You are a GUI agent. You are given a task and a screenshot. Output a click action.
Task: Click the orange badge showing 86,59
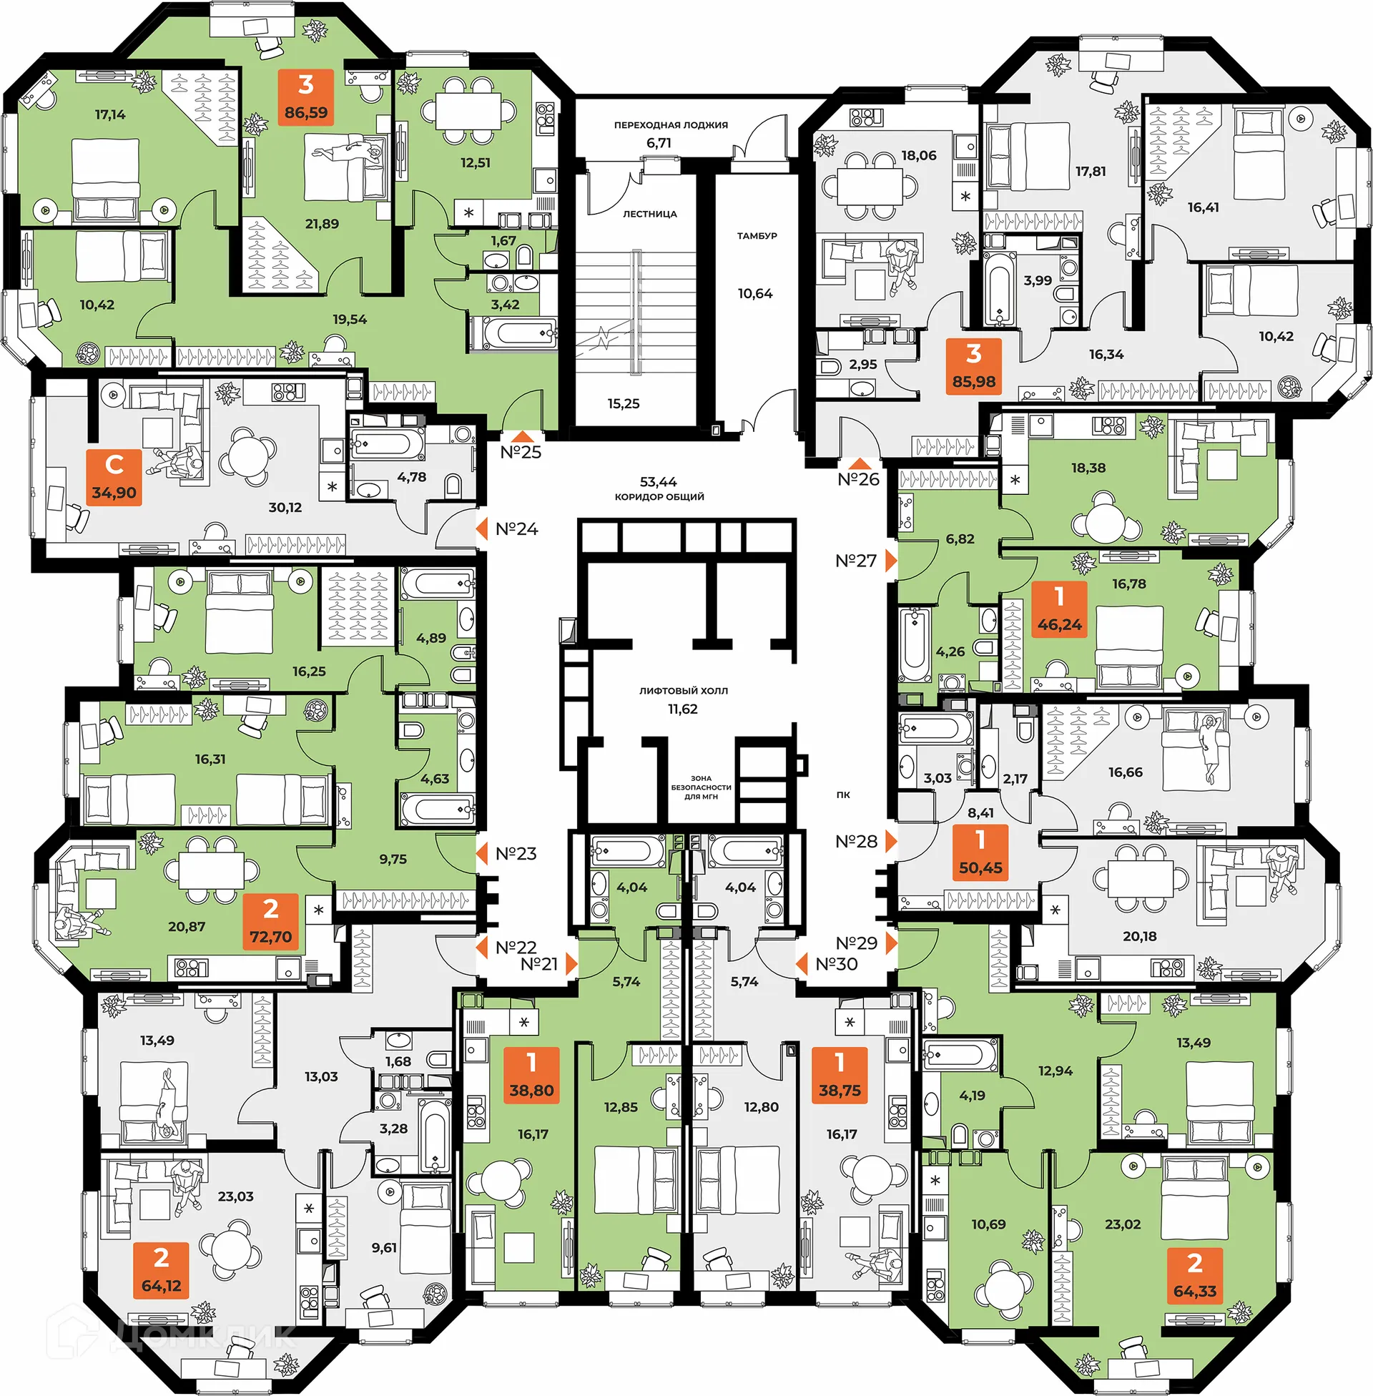pos(306,97)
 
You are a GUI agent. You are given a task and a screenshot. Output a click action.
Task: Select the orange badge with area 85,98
pos(973,366)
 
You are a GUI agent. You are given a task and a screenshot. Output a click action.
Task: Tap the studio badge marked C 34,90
pos(114,477)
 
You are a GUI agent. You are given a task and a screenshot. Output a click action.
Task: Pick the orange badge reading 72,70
pos(271,922)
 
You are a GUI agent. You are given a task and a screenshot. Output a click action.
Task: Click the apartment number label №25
pos(521,453)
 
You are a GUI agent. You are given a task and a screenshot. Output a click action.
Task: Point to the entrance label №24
pos(517,529)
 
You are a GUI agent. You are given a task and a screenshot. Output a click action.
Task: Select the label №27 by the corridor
pos(856,561)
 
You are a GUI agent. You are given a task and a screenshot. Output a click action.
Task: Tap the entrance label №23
pos(516,854)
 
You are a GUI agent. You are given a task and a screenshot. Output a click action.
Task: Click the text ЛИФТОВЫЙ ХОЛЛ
pos(684,691)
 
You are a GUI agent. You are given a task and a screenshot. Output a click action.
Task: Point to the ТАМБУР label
pos(757,236)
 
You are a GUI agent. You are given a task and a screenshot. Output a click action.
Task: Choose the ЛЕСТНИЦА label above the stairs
pos(650,214)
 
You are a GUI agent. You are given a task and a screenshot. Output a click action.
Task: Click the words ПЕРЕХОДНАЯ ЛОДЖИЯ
pos(671,125)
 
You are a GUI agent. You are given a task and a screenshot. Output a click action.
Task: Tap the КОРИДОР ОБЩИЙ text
pos(659,497)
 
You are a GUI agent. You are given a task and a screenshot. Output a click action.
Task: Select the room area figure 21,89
pos(322,225)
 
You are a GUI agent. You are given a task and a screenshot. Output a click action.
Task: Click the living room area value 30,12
pos(285,508)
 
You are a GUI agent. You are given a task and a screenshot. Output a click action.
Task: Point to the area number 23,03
pos(236,1197)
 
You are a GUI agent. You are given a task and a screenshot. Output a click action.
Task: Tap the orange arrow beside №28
pos(891,842)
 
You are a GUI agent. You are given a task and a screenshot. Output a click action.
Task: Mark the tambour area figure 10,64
pos(755,293)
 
